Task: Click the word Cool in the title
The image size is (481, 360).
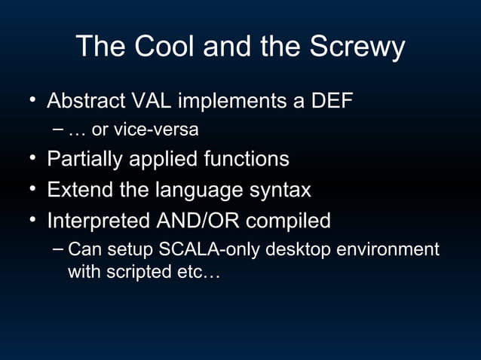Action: coord(162,47)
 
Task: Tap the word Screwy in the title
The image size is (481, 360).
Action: coord(357,47)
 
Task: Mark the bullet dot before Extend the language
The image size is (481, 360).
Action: coord(33,188)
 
